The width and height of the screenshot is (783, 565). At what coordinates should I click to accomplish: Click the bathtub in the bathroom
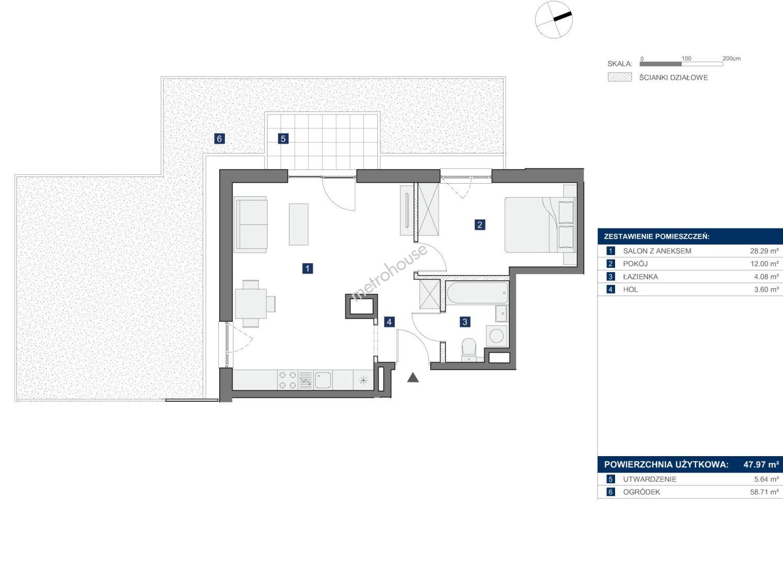coord(477,293)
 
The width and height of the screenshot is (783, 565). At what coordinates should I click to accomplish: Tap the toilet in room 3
coord(469,349)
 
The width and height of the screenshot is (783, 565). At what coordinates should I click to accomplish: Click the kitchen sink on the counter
coord(322,380)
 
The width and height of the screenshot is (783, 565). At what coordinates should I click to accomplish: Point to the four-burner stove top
coord(288,380)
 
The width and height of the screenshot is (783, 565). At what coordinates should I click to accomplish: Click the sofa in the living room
coord(251,224)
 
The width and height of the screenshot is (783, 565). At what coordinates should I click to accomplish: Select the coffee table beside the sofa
coord(298,224)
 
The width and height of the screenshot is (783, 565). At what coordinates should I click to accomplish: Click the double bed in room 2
coord(541,224)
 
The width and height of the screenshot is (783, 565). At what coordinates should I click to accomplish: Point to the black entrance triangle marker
coord(413,378)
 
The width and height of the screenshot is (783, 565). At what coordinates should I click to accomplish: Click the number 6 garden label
coord(219,139)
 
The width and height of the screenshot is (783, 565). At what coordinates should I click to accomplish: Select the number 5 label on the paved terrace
coord(283,139)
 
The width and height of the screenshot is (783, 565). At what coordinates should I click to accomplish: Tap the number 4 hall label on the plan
coord(389,322)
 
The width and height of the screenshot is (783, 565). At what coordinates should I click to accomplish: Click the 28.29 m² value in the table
coord(765,251)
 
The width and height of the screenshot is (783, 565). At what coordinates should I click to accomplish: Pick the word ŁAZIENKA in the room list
coord(641,277)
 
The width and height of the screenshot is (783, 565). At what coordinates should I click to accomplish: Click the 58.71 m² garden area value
coord(765,492)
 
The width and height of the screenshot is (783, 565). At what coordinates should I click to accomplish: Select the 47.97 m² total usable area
coord(762,465)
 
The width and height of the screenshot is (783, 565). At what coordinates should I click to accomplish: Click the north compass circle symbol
coord(554,19)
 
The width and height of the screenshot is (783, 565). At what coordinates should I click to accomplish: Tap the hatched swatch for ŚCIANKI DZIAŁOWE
coord(620,77)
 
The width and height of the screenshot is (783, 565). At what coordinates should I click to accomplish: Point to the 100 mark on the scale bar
coord(687,59)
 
